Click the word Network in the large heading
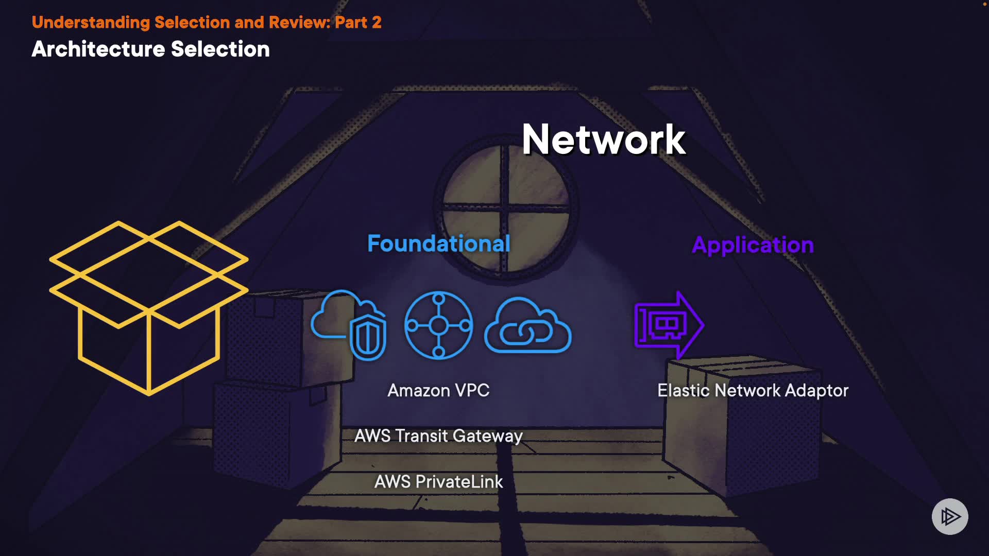(x=603, y=140)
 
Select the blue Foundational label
(x=438, y=244)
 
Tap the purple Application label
(x=753, y=245)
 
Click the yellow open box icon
(x=148, y=308)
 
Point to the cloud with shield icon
(x=350, y=325)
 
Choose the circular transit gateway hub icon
(x=438, y=325)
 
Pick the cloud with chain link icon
(x=527, y=326)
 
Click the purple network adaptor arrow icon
(x=669, y=325)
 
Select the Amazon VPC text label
(x=438, y=391)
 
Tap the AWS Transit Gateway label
(x=438, y=436)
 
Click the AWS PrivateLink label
(x=438, y=482)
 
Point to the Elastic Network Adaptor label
(x=753, y=391)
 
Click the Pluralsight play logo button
(x=950, y=516)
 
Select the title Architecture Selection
(x=150, y=49)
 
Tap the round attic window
(x=506, y=208)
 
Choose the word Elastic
(x=684, y=391)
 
